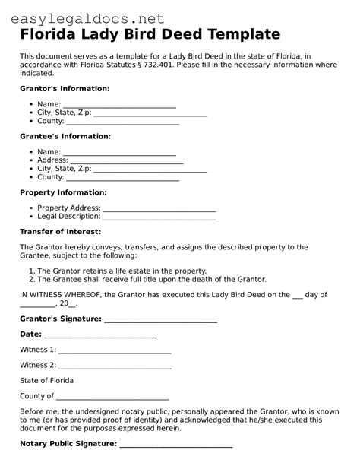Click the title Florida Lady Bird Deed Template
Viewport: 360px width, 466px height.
(x=150, y=34)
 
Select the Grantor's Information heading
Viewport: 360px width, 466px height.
(x=65, y=89)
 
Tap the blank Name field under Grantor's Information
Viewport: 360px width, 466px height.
(x=119, y=105)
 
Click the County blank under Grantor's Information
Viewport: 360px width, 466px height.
(x=122, y=122)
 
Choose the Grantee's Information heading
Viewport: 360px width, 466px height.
(x=65, y=136)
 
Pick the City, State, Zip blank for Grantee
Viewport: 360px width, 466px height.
(x=150, y=170)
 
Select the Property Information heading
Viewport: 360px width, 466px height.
(x=63, y=192)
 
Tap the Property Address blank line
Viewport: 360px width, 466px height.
(x=159, y=208)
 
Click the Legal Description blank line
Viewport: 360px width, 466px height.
(x=160, y=217)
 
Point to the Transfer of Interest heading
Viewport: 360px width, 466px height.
(x=60, y=231)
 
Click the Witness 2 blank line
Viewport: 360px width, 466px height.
(x=115, y=365)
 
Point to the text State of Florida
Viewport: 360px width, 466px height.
(x=47, y=380)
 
